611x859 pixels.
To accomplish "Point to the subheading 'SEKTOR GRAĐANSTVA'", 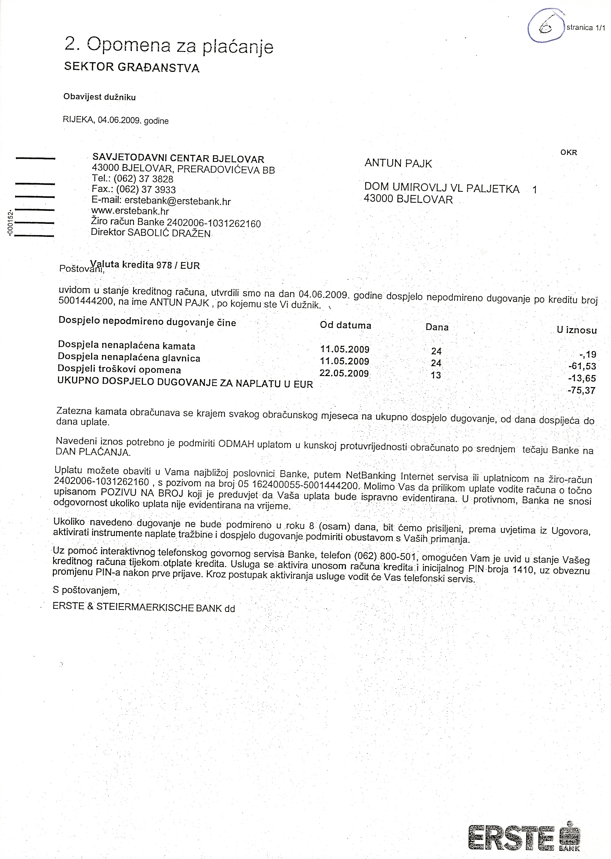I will click(x=132, y=67).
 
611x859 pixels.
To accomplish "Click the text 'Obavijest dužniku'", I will click(x=99, y=97).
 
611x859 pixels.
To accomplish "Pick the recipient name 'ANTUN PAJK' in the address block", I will click(x=398, y=163).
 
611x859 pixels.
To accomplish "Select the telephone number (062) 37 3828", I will click(x=143, y=179).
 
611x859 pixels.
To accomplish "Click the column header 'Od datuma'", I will click(x=345, y=325).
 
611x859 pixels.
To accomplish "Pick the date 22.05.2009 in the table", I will click(x=344, y=374).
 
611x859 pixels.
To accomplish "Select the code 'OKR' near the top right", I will click(x=568, y=152).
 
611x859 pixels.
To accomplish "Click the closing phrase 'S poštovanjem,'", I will click(x=86, y=591).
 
